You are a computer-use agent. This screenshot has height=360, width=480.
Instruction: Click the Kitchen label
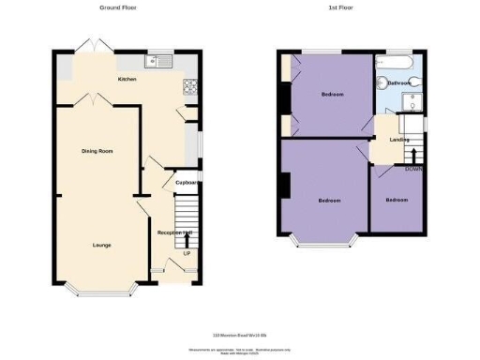(x=127, y=80)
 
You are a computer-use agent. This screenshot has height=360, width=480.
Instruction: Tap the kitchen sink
(x=157, y=63)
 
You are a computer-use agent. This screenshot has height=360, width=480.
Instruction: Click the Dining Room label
(x=98, y=150)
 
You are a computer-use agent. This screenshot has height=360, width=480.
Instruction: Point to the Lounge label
(x=101, y=245)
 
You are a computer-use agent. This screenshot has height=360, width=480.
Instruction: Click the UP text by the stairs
(x=187, y=253)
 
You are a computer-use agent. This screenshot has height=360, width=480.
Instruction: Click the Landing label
(x=399, y=140)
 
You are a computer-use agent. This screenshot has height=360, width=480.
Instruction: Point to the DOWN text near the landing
(x=412, y=170)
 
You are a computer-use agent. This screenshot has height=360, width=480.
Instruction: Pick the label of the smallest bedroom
(x=397, y=200)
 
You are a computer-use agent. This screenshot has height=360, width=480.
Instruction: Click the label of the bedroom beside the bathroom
(x=331, y=95)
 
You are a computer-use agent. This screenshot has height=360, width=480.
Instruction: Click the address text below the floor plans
(x=240, y=336)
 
